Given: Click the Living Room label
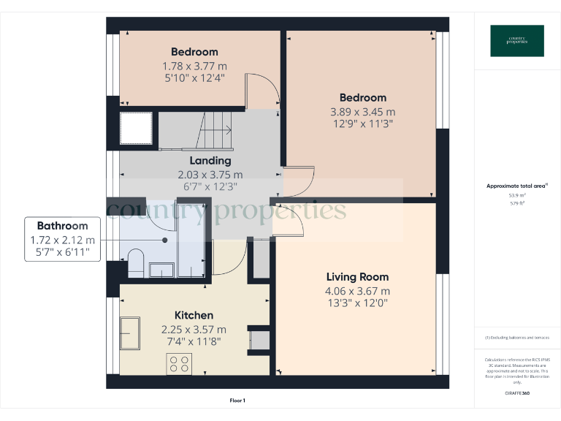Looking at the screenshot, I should click(357, 277).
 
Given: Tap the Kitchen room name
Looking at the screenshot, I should click(194, 315).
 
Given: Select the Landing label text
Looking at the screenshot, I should click(210, 161).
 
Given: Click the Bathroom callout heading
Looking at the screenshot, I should click(63, 227).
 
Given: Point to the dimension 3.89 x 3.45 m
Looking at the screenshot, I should click(362, 112).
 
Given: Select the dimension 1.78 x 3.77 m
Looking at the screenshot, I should click(194, 65).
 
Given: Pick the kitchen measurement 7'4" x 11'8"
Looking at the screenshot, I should click(194, 341).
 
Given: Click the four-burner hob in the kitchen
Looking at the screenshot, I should click(180, 363).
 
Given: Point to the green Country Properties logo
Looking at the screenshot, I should click(517, 41).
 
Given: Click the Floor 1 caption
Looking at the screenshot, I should click(237, 401).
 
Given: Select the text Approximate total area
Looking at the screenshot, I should click(516, 186).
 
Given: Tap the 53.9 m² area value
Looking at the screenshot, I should click(517, 195).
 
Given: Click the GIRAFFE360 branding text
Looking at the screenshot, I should click(517, 394).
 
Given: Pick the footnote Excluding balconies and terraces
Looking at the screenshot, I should click(517, 338).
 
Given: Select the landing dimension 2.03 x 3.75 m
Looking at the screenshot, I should click(210, 175).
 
